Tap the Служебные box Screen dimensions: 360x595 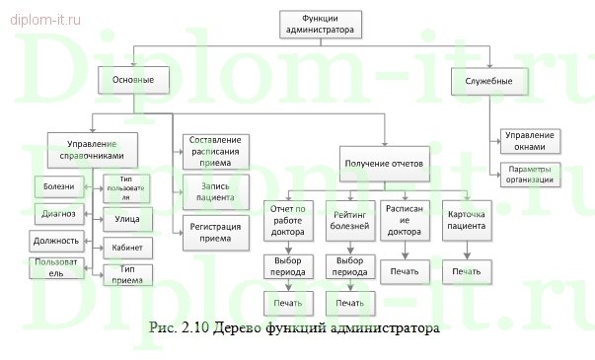tap(488, 79)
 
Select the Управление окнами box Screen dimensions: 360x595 tap(530, 140)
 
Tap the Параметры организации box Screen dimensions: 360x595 tap(530, 175)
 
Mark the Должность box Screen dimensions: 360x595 tap(54, 240)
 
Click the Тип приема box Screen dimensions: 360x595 tap(127, 273)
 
